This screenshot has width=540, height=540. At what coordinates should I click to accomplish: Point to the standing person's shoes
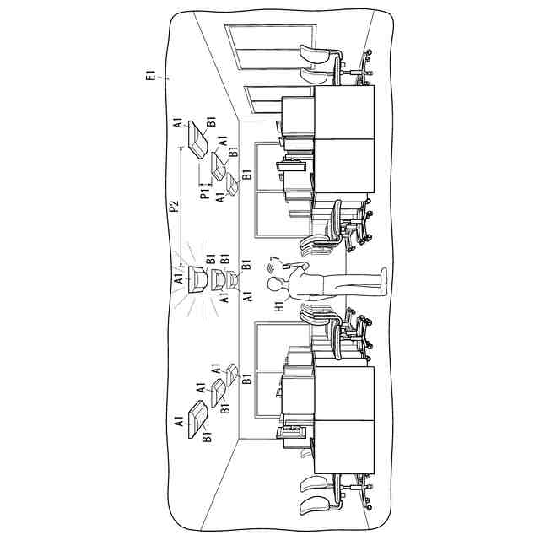(383, 282)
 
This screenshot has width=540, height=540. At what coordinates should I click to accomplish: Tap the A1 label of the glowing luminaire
(178, 278)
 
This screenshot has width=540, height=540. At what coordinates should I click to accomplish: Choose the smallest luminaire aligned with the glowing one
(235, 279)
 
